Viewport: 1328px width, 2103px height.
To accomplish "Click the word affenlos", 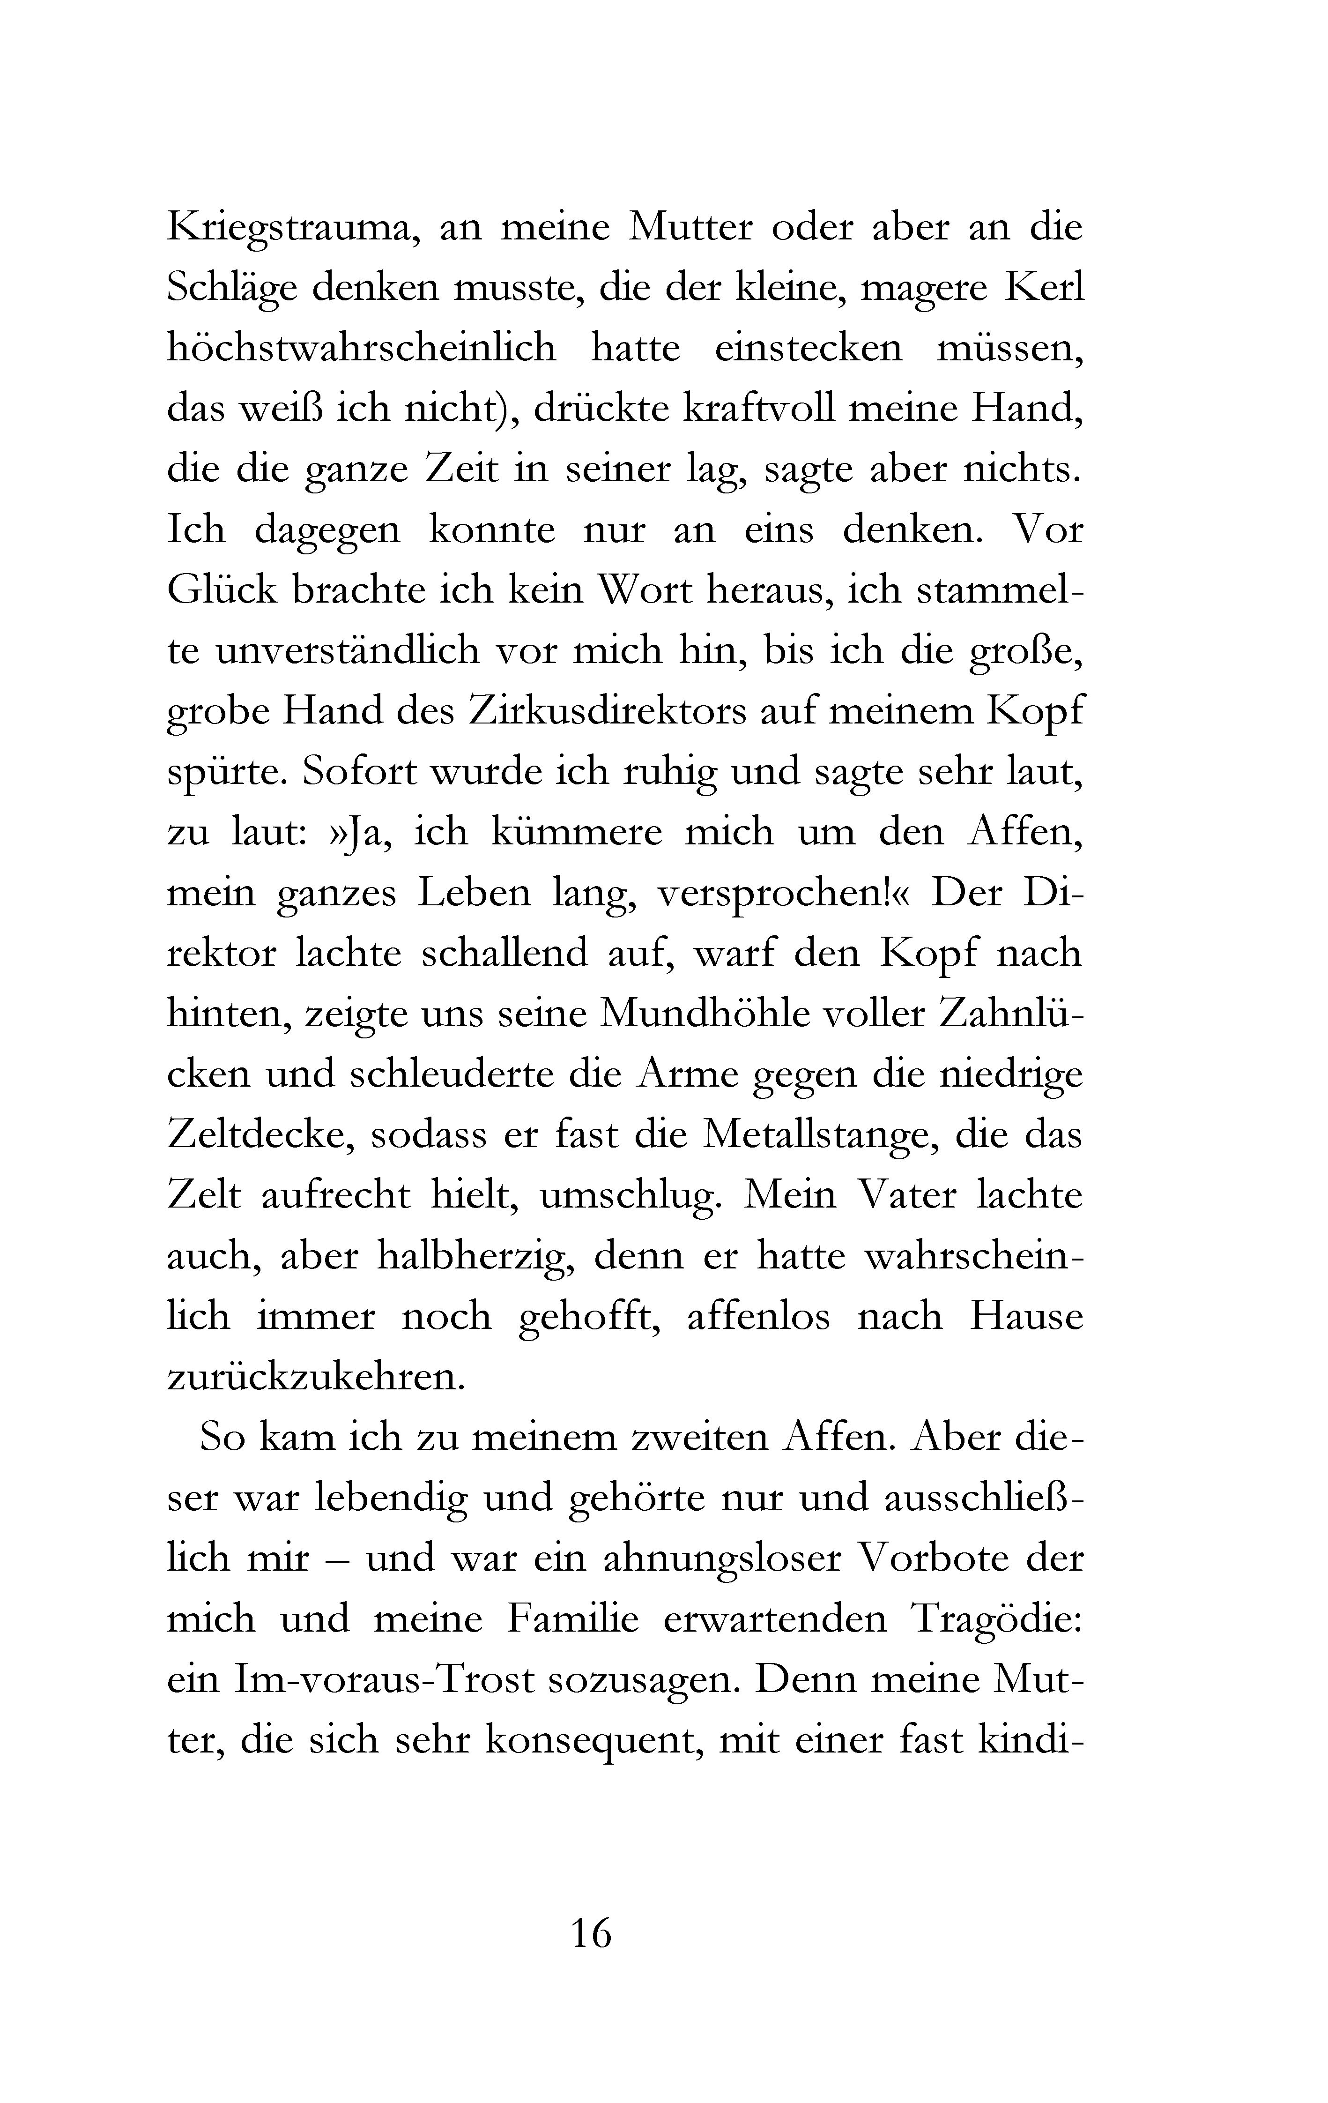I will pos(758,1317).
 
